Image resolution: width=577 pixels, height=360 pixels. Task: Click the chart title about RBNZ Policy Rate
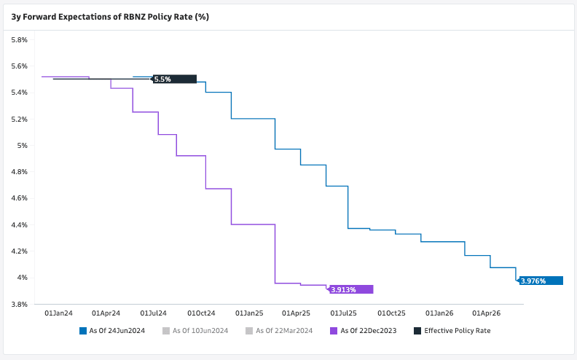pyautogui.click(x=110, y=16)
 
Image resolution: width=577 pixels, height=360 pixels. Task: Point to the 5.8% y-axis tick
pyautogui.click(x=19, y=39)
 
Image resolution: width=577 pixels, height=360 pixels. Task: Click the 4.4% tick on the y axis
pyautogui.click(x=19, y=224)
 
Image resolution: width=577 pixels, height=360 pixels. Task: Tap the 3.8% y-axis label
pyautogui.click(x=19, y=304)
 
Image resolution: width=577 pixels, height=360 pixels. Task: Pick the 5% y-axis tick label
pyautogui.click(x=23, y=145)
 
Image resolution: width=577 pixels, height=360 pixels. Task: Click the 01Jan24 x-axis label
pyautogui.click(x=58, y=313)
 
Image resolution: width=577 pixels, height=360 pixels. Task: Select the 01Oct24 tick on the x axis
pyautogui.click(x=201, y=313)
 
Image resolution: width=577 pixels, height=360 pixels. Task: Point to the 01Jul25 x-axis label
pyautogui.click(x=344, y=313)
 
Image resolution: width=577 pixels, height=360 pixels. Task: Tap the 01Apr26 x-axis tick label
pyautogui.click(x=486, y=313)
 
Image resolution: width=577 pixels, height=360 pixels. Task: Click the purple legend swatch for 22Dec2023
pyautogui.click(x=334, y=331)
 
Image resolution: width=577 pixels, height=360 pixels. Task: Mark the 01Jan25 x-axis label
pyautogui.click(x=248, y=313)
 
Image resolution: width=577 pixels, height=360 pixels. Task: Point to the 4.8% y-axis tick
pyautogui.click(x=19, y=171)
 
